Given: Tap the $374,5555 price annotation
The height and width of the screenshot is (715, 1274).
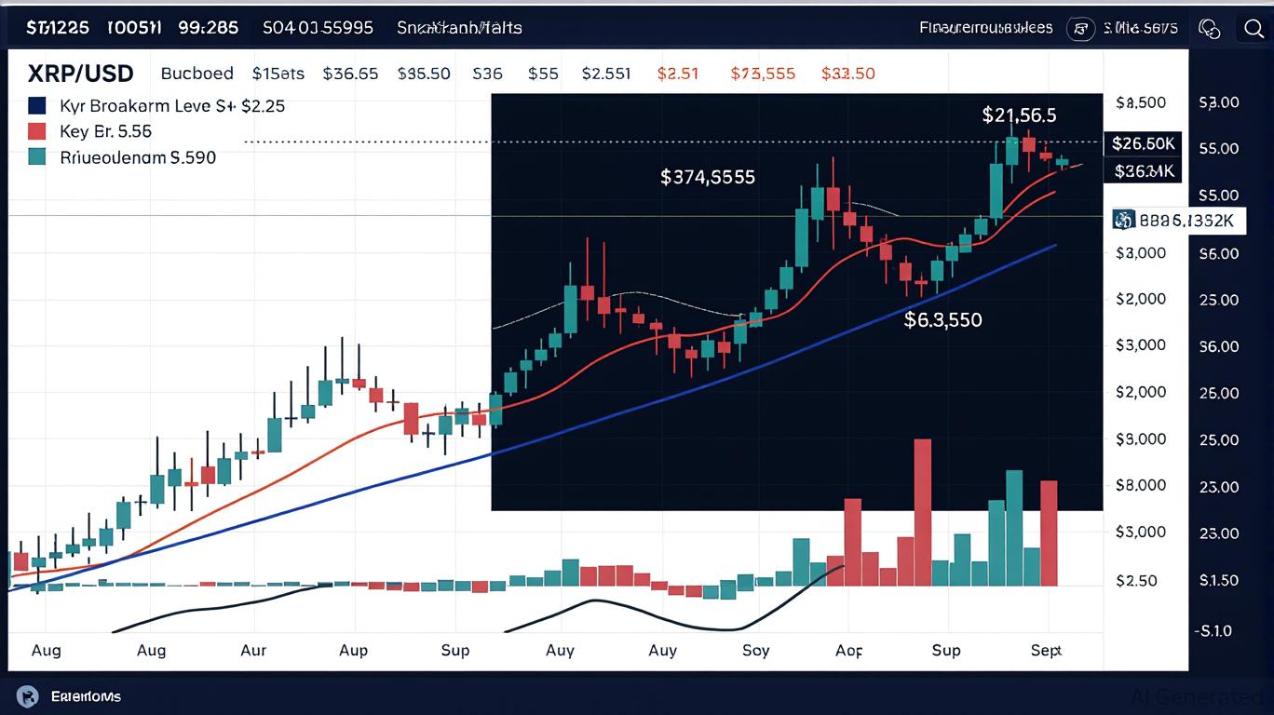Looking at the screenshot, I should pos(708,176).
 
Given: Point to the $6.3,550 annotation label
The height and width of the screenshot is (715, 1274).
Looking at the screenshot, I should pos(942,320).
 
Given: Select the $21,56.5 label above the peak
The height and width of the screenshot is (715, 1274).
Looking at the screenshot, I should pos(1019,115).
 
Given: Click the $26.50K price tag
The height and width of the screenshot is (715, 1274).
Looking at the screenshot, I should pos(1143,143).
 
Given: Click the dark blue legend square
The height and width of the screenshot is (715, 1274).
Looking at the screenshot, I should pos(38,105).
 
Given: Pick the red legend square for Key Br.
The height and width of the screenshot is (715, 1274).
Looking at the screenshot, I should pos(38,131).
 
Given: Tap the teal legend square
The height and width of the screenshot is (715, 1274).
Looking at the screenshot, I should pos(38,157).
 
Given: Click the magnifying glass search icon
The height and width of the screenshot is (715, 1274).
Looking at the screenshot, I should pos(1254,28).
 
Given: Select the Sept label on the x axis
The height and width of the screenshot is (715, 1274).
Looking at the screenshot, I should pos(1046,650).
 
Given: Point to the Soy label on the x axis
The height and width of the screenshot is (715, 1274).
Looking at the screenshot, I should pos(756,650).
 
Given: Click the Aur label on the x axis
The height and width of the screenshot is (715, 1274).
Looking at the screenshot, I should pos(253,650).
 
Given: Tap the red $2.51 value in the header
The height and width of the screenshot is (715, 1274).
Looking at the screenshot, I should pos(678,74).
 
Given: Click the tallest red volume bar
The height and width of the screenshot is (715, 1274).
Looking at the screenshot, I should pos(923,512).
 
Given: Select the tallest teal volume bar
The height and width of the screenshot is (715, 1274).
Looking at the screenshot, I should pos(1014,528).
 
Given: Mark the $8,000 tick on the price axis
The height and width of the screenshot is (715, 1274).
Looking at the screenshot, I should pos(1140,485).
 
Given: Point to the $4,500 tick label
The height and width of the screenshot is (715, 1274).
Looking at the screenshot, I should pos(1140,102).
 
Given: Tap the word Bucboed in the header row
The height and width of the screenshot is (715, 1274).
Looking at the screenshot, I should pos(197,74).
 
